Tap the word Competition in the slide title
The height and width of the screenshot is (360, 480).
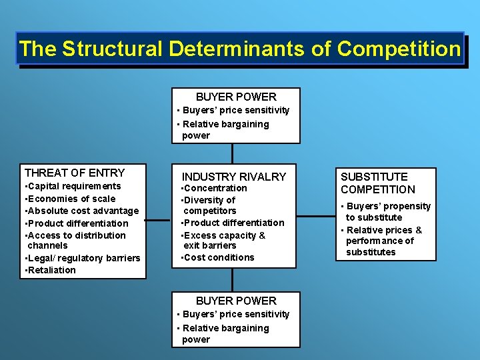[398, 49]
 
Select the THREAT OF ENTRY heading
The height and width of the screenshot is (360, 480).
[75, 173]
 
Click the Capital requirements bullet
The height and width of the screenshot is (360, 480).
[73, 186]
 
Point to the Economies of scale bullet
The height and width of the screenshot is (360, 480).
[70, 199]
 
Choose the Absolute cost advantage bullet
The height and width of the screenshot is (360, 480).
[81, 211]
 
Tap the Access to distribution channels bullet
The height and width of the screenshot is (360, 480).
[75, 240]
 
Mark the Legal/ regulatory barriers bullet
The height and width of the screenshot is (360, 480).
[82, 258]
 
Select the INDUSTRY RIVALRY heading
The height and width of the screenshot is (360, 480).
[234, 177]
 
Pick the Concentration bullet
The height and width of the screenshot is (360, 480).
[214, 188]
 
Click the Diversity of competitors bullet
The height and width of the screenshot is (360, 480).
[209, 205]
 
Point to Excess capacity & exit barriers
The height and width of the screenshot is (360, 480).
[223, 240]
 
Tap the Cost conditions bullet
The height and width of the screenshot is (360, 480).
[218, 257]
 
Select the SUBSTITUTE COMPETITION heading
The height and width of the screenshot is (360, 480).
[377, 183]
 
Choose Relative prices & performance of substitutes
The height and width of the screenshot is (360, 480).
[383, 241]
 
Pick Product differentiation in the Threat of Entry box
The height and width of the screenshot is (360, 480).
[77, 223]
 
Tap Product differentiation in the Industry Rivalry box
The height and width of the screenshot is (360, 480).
[233, 223]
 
